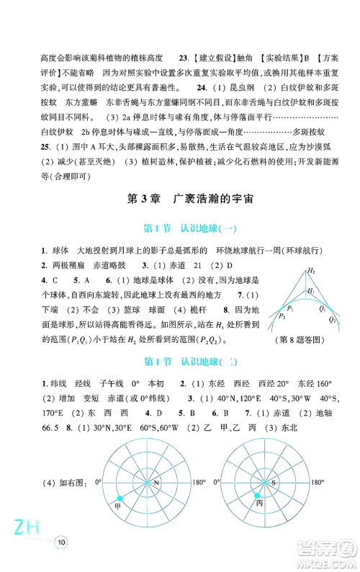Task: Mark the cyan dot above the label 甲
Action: point(120,498)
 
